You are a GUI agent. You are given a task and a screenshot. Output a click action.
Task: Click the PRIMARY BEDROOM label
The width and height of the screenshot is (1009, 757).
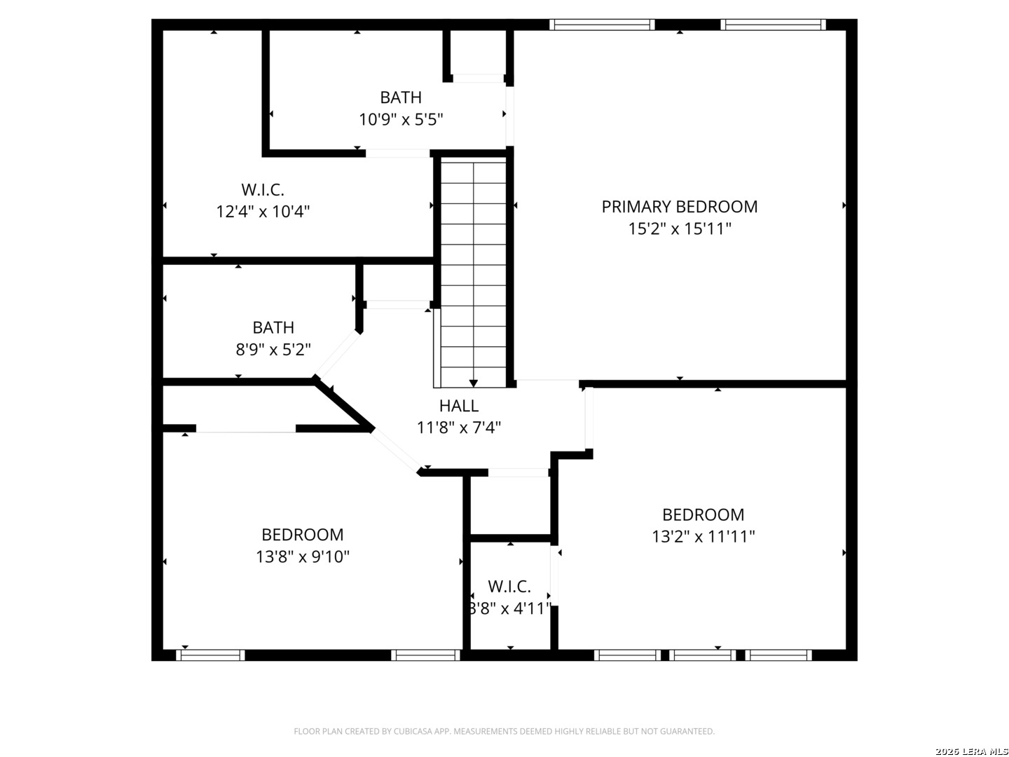coord(680,207)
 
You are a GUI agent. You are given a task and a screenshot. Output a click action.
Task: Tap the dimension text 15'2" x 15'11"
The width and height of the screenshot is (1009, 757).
coord(680,229)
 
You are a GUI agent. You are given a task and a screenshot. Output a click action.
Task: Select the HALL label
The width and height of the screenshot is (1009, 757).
coord(459,406)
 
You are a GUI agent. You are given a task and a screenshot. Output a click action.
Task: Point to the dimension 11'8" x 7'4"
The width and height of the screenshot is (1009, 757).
coord(459,428)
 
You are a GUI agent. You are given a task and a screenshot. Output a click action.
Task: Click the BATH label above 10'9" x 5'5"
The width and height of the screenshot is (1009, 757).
coord(401,97)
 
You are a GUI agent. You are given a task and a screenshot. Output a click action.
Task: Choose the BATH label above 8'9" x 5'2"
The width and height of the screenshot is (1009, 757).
coord(273,328)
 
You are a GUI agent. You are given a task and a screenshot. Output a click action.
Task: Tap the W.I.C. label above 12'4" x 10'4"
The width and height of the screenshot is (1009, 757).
coord(263,189)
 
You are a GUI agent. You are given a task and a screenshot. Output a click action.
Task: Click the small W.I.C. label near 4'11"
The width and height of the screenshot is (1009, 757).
coord(509,587)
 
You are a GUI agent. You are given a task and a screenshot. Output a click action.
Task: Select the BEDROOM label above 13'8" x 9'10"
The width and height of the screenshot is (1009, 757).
coord(303,535)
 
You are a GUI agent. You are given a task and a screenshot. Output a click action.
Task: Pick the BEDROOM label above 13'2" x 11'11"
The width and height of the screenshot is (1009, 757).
coord(703,514)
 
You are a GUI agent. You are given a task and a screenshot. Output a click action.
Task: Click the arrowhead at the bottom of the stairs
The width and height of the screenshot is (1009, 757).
coord(474,383)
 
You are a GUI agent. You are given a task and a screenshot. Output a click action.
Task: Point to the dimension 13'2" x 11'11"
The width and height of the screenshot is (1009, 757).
coord(703,537)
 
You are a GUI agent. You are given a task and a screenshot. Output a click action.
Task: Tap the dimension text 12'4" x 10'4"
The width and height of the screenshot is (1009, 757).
coord(263,212)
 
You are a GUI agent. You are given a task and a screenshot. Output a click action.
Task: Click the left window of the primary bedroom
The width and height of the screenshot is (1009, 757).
coord(602,25)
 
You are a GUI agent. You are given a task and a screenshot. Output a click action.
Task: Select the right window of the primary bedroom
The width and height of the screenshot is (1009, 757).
coord(773,25)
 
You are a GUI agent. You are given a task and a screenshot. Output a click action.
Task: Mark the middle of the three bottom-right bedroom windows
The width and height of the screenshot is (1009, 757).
coord(702,655)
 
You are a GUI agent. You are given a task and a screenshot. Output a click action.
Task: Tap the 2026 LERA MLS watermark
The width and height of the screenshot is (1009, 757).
coord(971,751)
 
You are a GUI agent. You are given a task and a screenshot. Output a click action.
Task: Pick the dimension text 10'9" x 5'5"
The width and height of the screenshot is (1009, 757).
coord(401,120)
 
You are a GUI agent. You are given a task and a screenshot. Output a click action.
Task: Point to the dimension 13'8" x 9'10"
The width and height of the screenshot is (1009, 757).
coord(303,557)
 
